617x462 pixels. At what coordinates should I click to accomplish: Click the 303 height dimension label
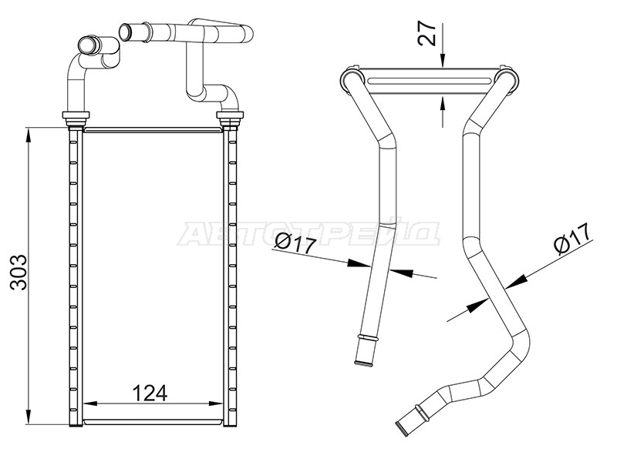pos(19,273)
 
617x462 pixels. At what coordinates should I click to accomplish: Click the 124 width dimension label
pos(150,393)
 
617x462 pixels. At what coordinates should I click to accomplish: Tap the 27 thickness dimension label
pos(427,32)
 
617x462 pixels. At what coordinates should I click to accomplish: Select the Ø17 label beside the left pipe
pos(296,243)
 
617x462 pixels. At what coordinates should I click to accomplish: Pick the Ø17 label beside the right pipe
pos(573,239)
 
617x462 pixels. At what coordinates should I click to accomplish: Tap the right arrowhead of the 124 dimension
pos(215,403)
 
